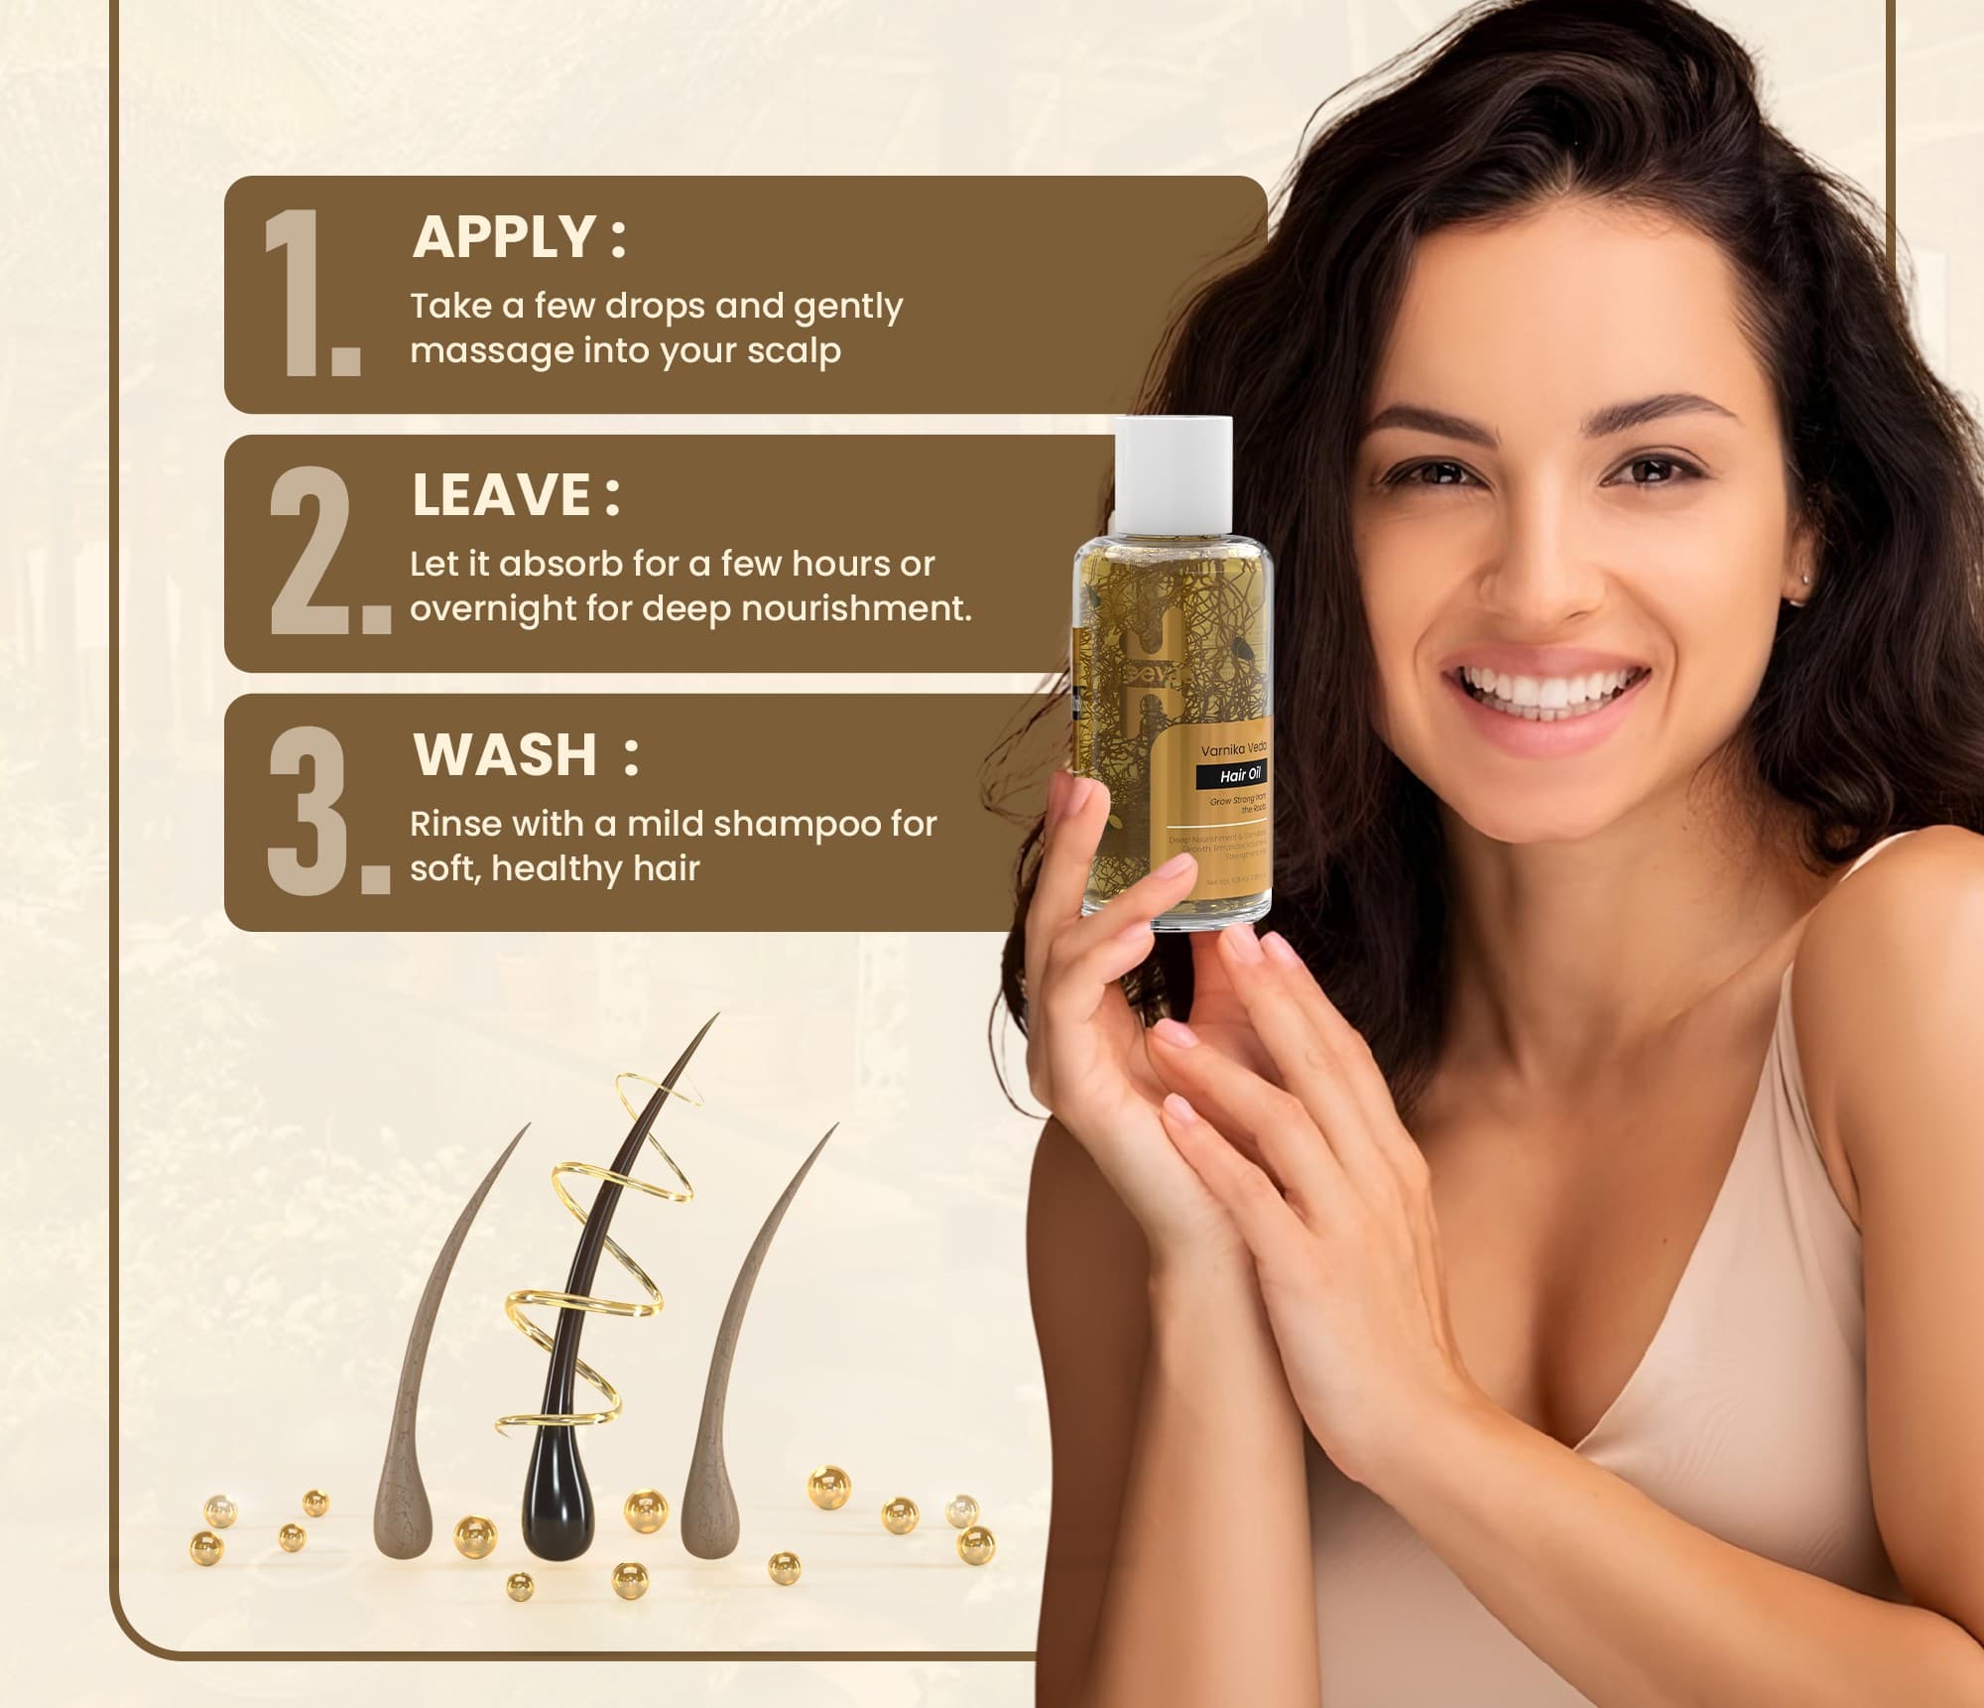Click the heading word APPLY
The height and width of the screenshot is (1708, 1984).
tap(504, 237)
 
